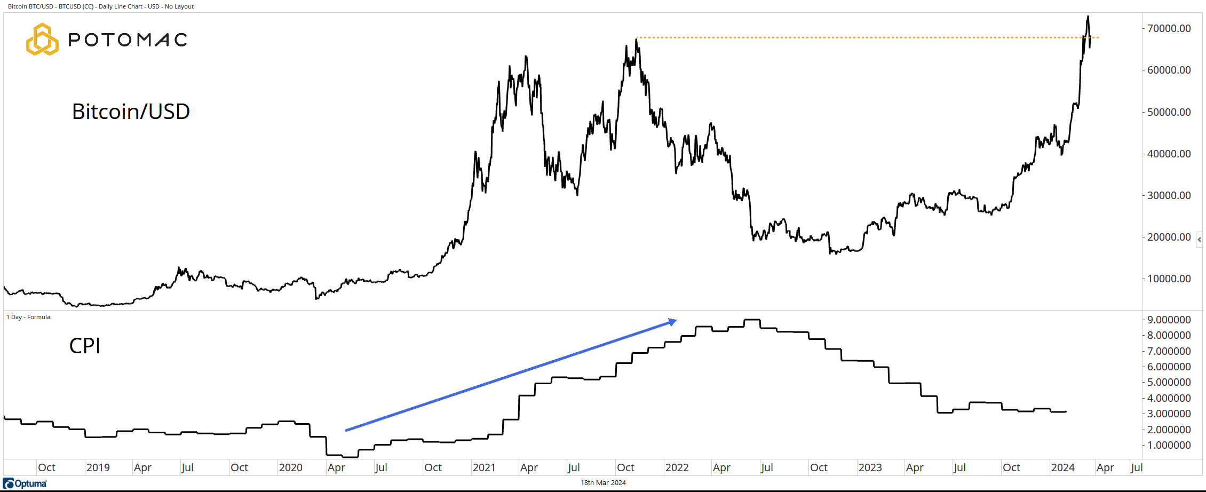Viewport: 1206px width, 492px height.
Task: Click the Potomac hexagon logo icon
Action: click(x=42, y=39)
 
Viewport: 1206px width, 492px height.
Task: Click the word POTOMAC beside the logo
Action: click(x=128, y=39)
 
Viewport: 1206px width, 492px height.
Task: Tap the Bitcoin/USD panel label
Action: click(x=131, y=112)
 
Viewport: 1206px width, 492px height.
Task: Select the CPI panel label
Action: click(x=85, y=346)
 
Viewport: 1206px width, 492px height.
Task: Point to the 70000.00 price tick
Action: click(x=1169, y=28)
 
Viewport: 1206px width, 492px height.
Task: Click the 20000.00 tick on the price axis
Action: click(x=1169, y=237)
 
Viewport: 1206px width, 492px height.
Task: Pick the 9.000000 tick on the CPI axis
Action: click(x=1169, y=320)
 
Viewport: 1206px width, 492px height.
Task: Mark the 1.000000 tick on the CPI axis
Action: click(x=1169, y=445)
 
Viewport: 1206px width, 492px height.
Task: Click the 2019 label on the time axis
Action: click(x=98, y=467)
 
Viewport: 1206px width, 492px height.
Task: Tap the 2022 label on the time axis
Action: click(x=677, y=467)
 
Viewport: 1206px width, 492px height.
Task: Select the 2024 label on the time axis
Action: click(x=1062, y=467)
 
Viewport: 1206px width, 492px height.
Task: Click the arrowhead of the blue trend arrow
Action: click(x=673, y=321)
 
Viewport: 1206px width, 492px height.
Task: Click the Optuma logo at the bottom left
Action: click(x=25, y=483)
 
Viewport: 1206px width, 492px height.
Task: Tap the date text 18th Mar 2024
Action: click(x=603, y=483)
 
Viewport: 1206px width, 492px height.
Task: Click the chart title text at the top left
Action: click(x=101, y=6)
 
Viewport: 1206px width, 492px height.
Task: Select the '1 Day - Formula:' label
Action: click(x=29, y=317)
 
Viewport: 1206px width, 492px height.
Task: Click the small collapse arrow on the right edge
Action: click(x=1200, y=240)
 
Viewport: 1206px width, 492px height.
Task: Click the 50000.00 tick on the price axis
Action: click(x=1169, y=112)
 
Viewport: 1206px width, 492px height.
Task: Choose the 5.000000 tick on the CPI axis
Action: click(x=1169, y=382)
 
